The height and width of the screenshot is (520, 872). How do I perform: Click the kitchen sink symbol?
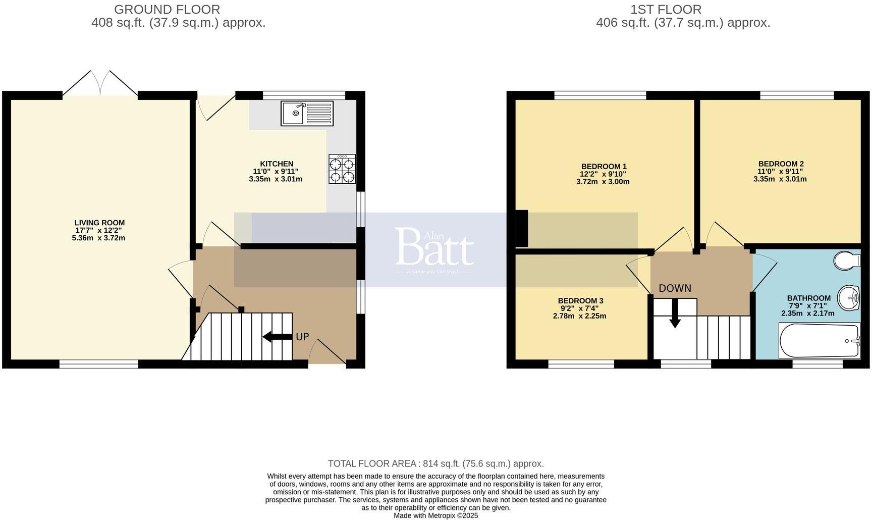(307, 113)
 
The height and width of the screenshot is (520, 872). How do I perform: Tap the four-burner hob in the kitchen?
(342, 169)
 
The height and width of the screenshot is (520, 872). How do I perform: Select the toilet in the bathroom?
(846, 261)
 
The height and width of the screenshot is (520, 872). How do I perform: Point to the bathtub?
(819, 341)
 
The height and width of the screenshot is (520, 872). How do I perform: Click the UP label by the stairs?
(302, 337)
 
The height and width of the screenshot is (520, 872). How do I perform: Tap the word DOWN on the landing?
(675, 288)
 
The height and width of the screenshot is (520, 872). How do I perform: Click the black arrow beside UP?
(277, 337)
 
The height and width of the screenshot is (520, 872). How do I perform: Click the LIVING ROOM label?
(99, 223)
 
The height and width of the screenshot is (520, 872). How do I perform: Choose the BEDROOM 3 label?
(580, 301)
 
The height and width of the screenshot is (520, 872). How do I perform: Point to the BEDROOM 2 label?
(781, 164)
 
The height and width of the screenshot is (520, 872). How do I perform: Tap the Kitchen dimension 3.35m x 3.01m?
(276, 179)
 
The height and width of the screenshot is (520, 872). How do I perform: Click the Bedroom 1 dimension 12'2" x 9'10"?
(603, 174)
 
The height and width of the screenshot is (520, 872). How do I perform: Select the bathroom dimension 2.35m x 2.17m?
(807, 313)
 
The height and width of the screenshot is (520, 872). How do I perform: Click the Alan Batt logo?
(434, 248)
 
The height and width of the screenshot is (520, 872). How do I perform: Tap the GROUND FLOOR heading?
(167, 10)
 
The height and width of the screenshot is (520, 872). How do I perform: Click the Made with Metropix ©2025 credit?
(435, 515)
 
